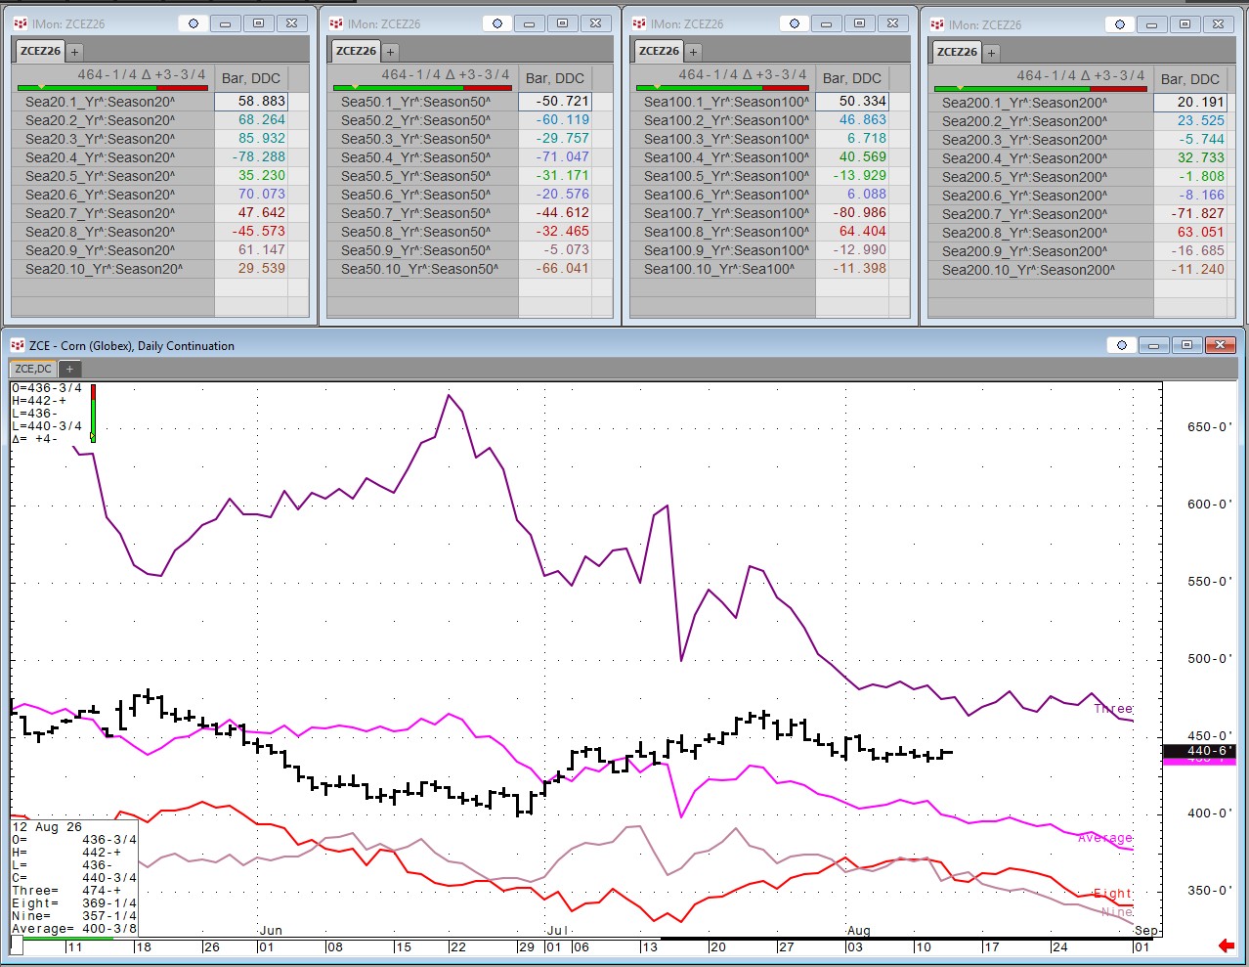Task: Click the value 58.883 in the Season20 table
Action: (x=262, y=101)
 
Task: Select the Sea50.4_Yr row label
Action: (x=415, y=157)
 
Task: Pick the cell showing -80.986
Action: (x=859, y=213)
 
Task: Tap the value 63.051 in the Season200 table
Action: (x=1201, y=233)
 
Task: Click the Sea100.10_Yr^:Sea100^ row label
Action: (x=719, y=269)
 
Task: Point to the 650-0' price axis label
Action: (x=1209, y=427)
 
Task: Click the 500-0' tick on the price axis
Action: (x=1209, y=659)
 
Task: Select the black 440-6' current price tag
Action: (x=1199, y=751)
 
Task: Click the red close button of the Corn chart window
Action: (x=1221, y=345)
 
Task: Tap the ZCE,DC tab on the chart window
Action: (x=33, y=369)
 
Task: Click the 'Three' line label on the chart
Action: (x=1113, y=708)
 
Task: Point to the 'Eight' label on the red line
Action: (x=1112, y=894)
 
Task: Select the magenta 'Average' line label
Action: (x=1104, y=838)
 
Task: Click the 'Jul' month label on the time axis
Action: (x=557, y=930)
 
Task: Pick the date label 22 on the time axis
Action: (x=458, y=946)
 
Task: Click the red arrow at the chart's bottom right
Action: (x=1227, y=945)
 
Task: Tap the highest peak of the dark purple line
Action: (x=449, y=395)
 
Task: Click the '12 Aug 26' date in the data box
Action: (x=47, y=827)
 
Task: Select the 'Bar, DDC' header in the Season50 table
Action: (x=555, y=78)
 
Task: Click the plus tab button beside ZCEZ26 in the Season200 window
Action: (x=991, y=53)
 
